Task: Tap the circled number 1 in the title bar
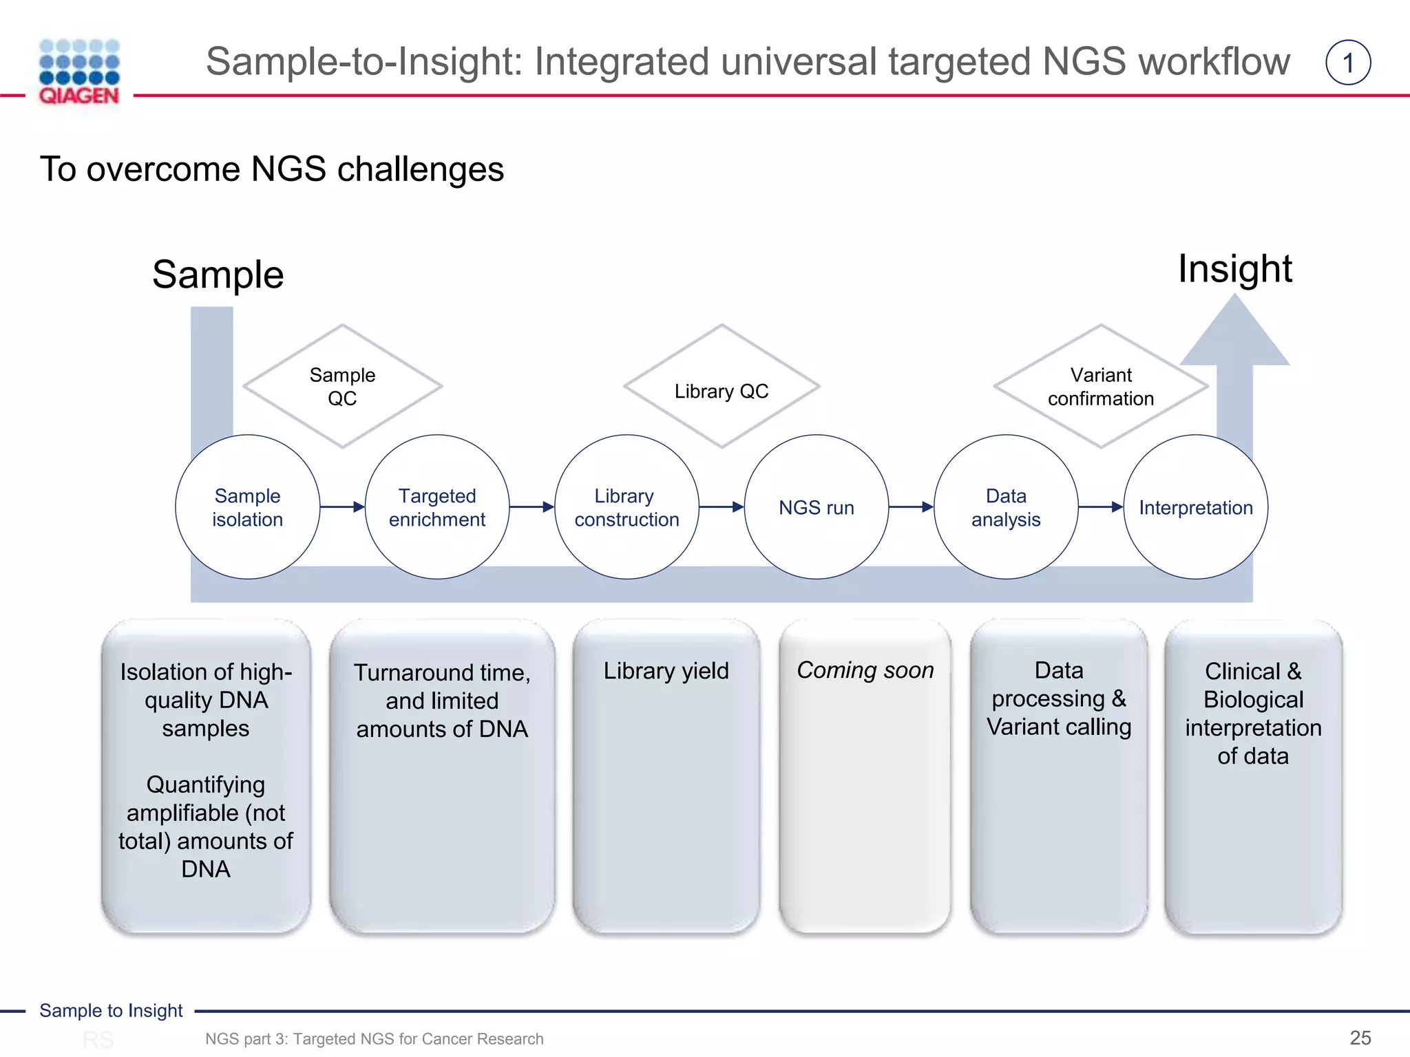1347,63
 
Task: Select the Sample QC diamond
342,386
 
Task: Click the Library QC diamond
722,386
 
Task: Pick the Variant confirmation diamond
1100,386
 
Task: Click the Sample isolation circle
247,507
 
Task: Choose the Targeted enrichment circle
437,507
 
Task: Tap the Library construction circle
627,507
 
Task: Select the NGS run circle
816,507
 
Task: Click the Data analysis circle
1006,507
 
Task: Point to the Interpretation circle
1195,507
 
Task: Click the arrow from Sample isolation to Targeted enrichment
342,507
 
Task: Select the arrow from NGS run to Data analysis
911,507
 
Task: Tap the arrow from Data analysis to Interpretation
1100,507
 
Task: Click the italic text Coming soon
865,670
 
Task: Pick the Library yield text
666,671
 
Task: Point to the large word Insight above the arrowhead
1234,268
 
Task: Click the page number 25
1360,1038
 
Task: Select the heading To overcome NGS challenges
272,169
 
